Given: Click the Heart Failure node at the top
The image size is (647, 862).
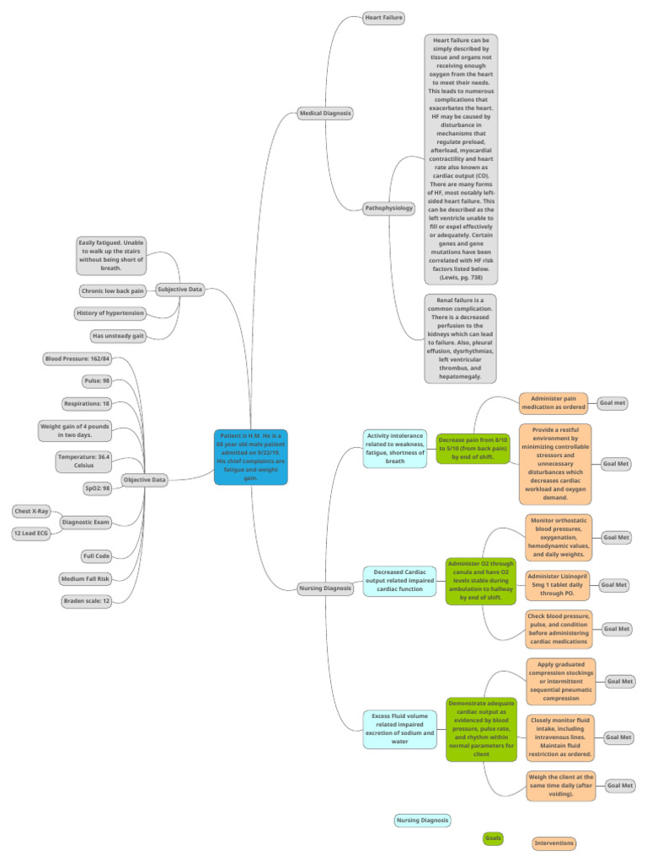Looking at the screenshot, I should click(383, 17).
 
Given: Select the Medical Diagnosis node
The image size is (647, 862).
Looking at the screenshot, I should click(325, 113).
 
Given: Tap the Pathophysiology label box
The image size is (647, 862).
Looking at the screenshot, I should click(389, 208).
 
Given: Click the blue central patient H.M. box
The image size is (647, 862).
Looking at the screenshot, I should click(251, 457).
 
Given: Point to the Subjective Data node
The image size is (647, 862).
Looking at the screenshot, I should click(179, 290).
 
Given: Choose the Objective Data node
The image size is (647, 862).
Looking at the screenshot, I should click(144, 480).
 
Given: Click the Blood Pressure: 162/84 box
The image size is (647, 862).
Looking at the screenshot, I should click(77, 359).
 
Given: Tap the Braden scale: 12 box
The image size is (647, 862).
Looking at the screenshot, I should click(88, 601).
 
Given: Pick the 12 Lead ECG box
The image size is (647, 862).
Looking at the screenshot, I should click(30, 534).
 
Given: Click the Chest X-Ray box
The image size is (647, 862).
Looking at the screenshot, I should click(31, 511).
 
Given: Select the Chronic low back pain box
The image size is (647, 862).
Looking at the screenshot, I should click(112, 291).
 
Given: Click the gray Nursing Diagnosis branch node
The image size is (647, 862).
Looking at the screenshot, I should click(325, 588).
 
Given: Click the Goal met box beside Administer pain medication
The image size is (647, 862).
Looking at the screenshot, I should click(612, 403).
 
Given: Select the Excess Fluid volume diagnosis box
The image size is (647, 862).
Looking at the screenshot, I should click(399, 727).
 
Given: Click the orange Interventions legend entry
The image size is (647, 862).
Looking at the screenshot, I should click(554, 843).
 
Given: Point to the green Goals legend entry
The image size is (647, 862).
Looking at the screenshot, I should click(493, 838).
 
